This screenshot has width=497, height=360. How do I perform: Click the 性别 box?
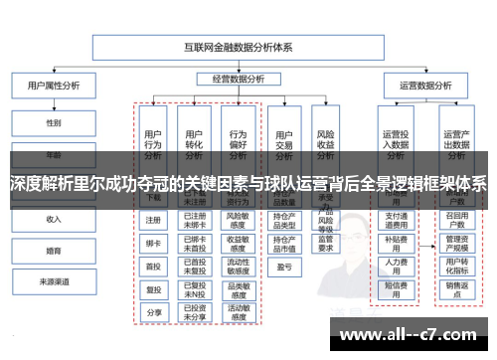tap(54, 124)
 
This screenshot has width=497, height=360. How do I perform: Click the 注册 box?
tap(153, 221)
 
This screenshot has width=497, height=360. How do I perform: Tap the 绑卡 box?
tap(153, 243)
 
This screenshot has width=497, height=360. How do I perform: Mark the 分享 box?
tap(153, 312)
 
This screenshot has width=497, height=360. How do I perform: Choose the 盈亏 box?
tap(284, 267)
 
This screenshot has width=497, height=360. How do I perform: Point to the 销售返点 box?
tap(456, 290)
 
